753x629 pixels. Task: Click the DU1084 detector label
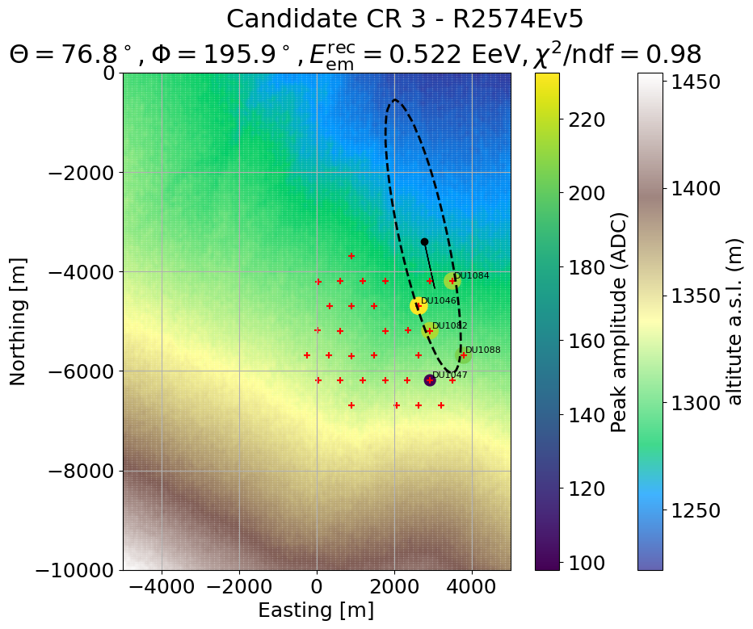[x=471, y=275]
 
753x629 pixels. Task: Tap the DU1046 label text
[x=439, y=300]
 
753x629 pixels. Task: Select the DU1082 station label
[x=449, y=325]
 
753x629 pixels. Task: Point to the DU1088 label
[x=482, y=350]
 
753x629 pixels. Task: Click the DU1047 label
[x=449, y=375]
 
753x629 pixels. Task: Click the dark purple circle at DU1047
[x=430, y=380]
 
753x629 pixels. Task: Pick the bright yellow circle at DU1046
[x=418, y=306]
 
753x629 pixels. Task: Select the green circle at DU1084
[x=452, y=281]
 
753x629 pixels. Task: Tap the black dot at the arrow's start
[x=424, y=241]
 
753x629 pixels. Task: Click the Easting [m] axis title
[x=316, y=610]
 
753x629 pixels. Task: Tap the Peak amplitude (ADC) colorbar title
[x=619, y=321]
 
